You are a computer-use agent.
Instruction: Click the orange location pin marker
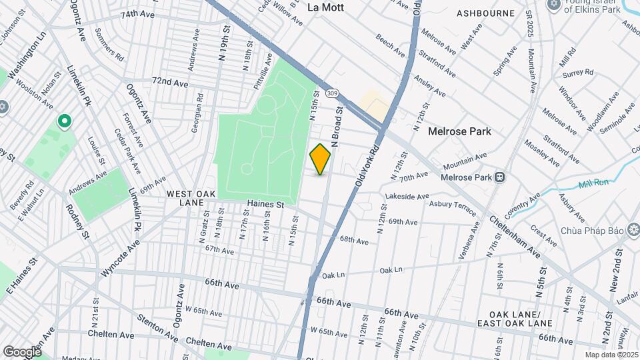point(320,159)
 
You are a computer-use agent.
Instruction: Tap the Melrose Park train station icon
point(499,177)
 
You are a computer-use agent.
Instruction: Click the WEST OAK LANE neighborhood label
point(191,198)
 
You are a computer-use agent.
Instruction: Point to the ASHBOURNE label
point(485,13)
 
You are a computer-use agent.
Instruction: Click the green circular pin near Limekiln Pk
point(64,121)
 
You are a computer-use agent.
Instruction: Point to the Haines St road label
point(265,204)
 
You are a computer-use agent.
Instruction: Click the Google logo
point(22,351)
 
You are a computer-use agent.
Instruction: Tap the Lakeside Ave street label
point(408,197)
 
